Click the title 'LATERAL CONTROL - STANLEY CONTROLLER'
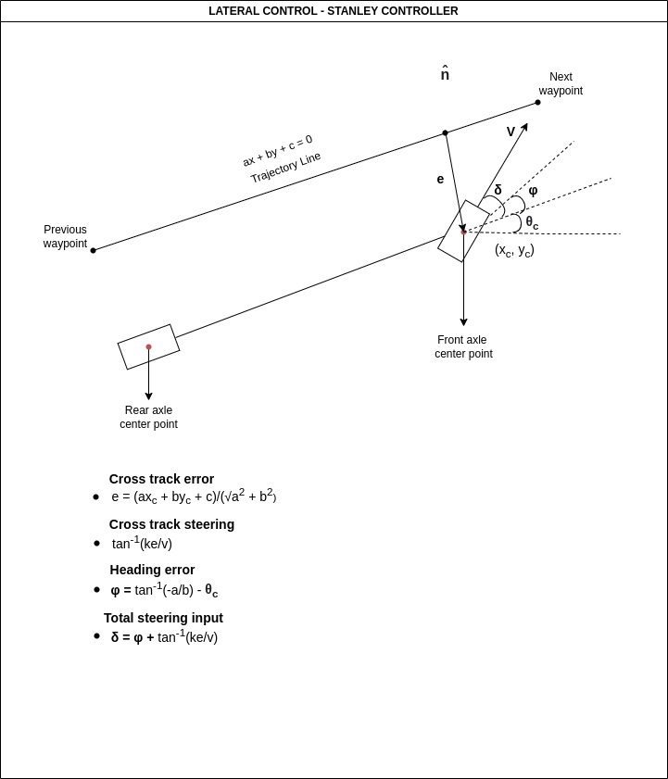coord(333,11)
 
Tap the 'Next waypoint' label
coord(561,84)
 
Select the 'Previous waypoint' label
coord(65,237)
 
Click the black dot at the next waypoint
coord(537,103)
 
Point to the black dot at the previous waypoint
coord(93,250)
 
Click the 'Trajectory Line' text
coord(285,168)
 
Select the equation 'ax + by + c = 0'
coord(277,150)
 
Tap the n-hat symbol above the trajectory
coord(445,74)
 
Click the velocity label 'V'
coord(510,132)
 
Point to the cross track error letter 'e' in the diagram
coord(440,180)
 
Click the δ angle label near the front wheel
coord(498,190)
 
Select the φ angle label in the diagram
coord(533,190)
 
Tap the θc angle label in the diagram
coord(531,222)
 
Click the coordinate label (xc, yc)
coord(514,250)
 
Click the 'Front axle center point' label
coord(463,347)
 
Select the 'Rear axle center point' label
coord(148,418)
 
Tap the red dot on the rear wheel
coord(148,347)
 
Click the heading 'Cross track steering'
coord(171,524)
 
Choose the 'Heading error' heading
coord(152,570)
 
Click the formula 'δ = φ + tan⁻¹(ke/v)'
coord(164,637)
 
